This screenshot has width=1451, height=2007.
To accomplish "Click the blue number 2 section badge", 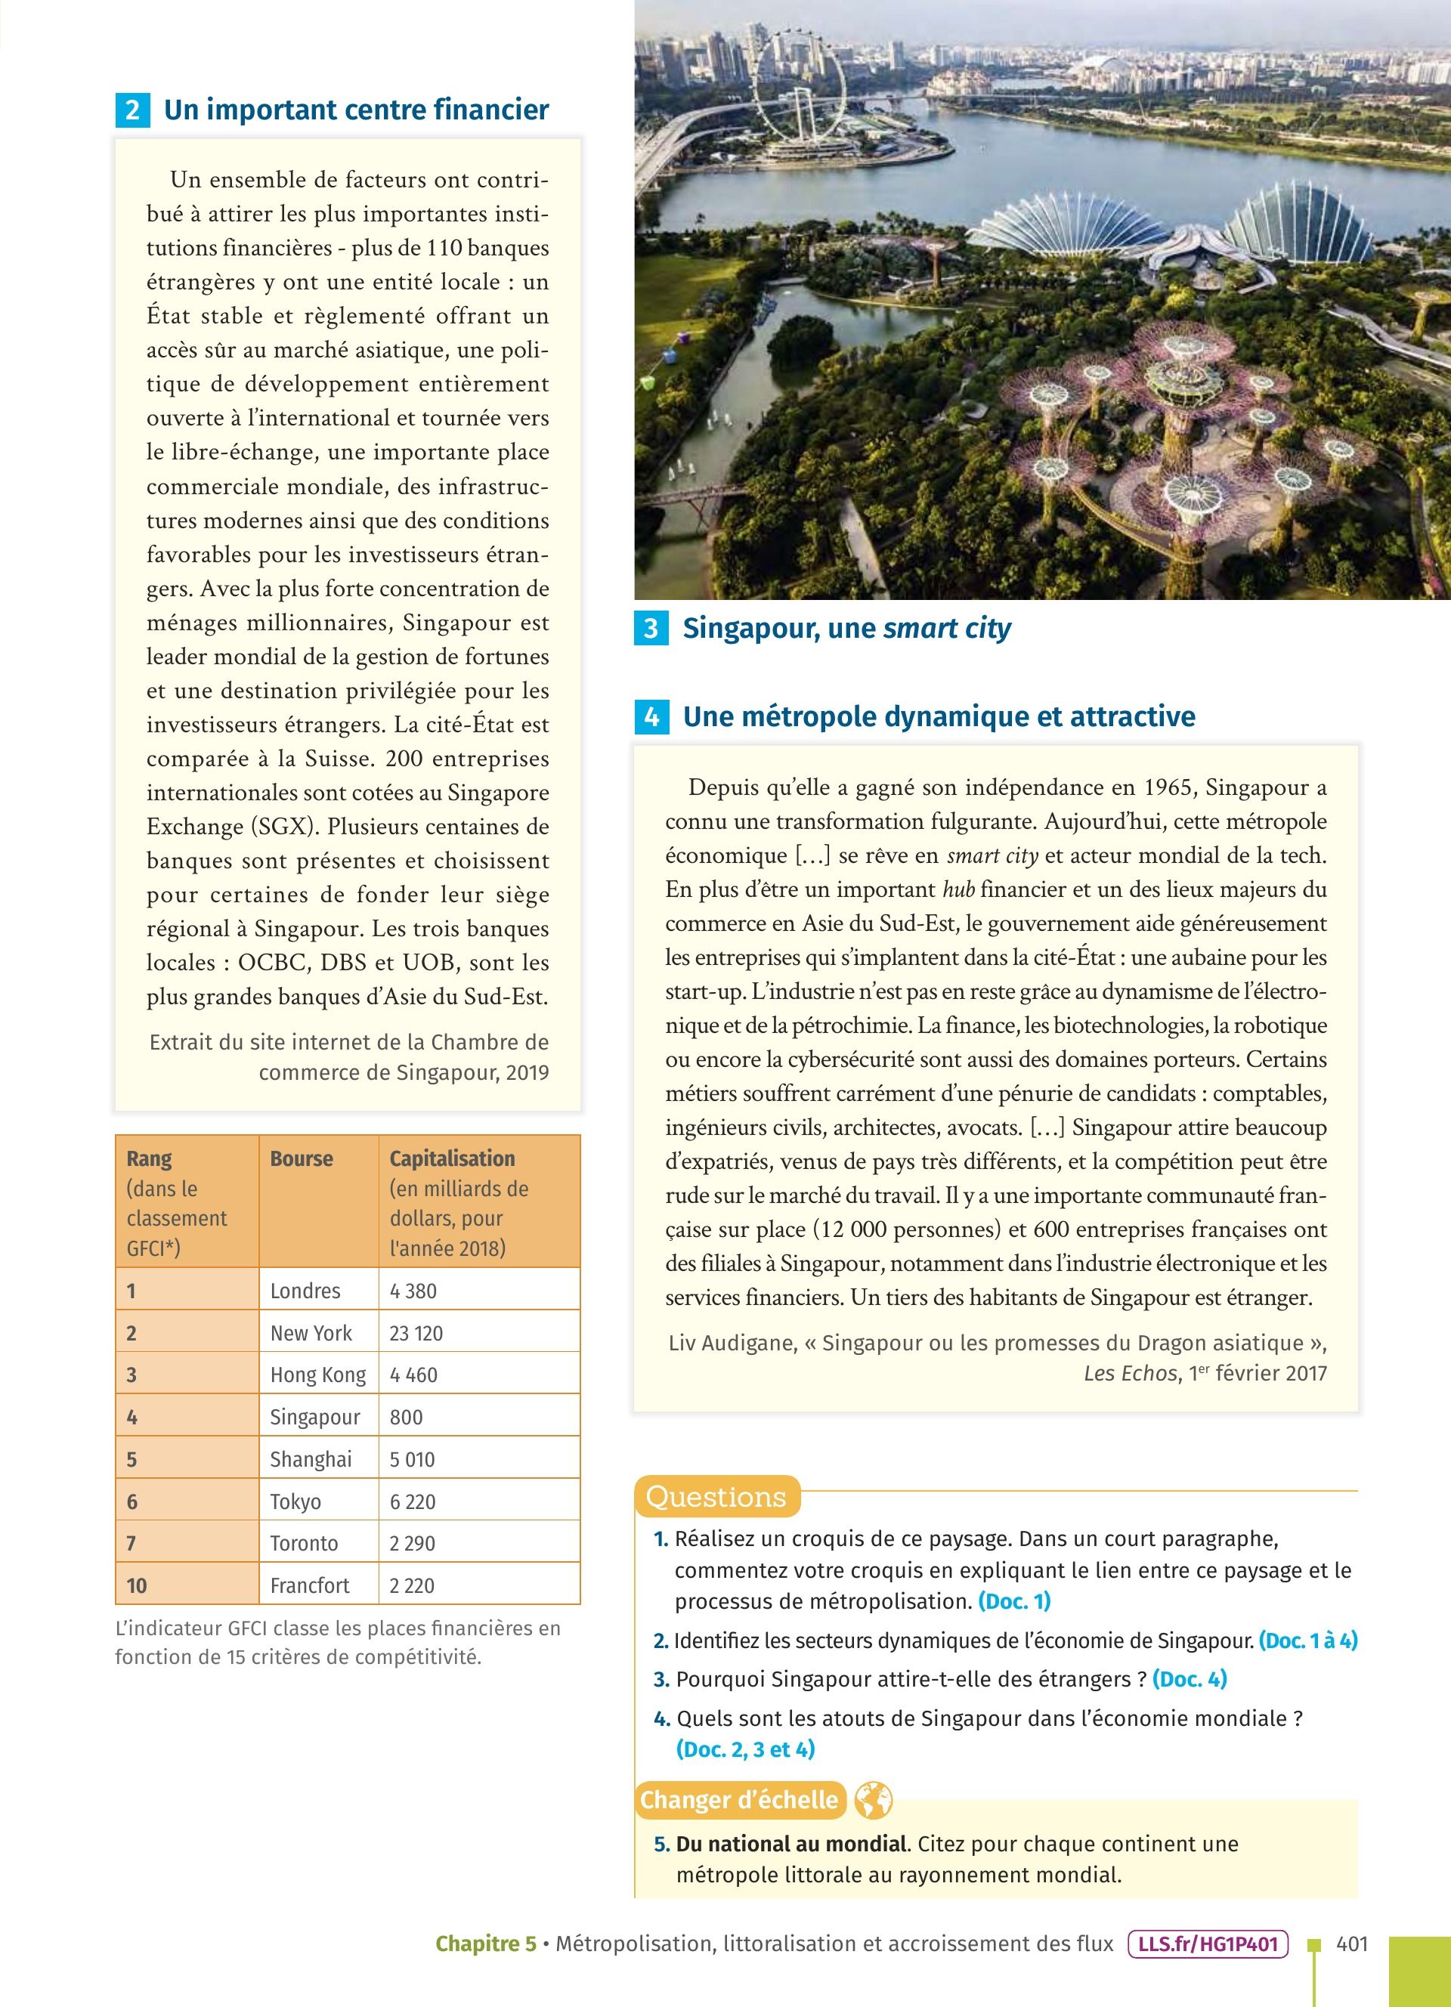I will (133, 110).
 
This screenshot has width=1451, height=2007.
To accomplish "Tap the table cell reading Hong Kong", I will (317, 1375).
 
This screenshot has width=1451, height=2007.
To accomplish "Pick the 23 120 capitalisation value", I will (416, 1333).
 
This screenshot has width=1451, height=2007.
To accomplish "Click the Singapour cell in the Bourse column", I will (314, 1417).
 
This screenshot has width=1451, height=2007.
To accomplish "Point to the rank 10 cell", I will (137, 1585).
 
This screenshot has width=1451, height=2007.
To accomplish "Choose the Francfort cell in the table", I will (310, 1585).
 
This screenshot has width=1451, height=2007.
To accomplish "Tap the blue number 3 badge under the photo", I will (651, 628).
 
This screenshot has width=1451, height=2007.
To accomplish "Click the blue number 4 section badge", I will (652, 717).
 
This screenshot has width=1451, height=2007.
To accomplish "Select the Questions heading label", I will (716, 1497).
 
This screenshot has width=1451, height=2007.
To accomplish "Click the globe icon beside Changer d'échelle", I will (872, 1800).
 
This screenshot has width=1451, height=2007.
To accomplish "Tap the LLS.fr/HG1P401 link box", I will (1208, 1944).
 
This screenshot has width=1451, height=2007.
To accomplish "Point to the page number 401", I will (1352, 1944).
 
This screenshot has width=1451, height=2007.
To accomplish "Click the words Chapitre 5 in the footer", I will (486, 1944).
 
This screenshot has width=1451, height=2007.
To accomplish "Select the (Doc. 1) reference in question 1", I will (1014, 1600).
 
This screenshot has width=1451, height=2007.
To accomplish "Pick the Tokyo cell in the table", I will (295, 1501).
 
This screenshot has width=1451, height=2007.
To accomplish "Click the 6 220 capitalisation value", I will (413, 1501).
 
